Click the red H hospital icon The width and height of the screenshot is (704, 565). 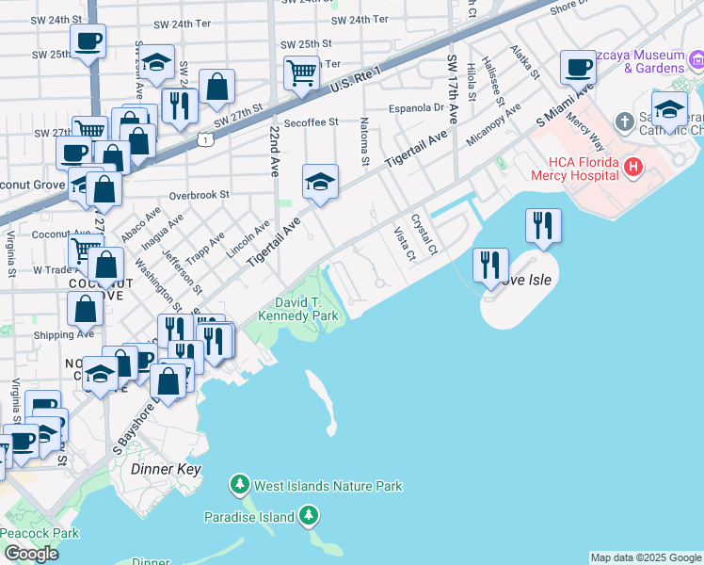[x=633, y=167]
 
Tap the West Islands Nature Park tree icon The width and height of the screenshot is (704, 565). [x=241, y=486]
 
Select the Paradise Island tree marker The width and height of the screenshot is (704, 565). [x=309, y=515]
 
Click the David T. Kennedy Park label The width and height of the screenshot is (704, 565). [x=306, y=310]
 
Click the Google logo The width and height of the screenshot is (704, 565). [x=31, y=553]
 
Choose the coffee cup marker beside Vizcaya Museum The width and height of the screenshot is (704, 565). [x=578, y=67]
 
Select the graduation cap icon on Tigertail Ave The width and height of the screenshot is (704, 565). [x=320, y=181]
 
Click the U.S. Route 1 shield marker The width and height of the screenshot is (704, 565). [x=204, y=139]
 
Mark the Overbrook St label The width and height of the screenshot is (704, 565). [x=200, y=196]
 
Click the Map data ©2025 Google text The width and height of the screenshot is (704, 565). [x=646, y=557]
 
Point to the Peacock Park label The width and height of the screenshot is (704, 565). [x=40, y=533]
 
